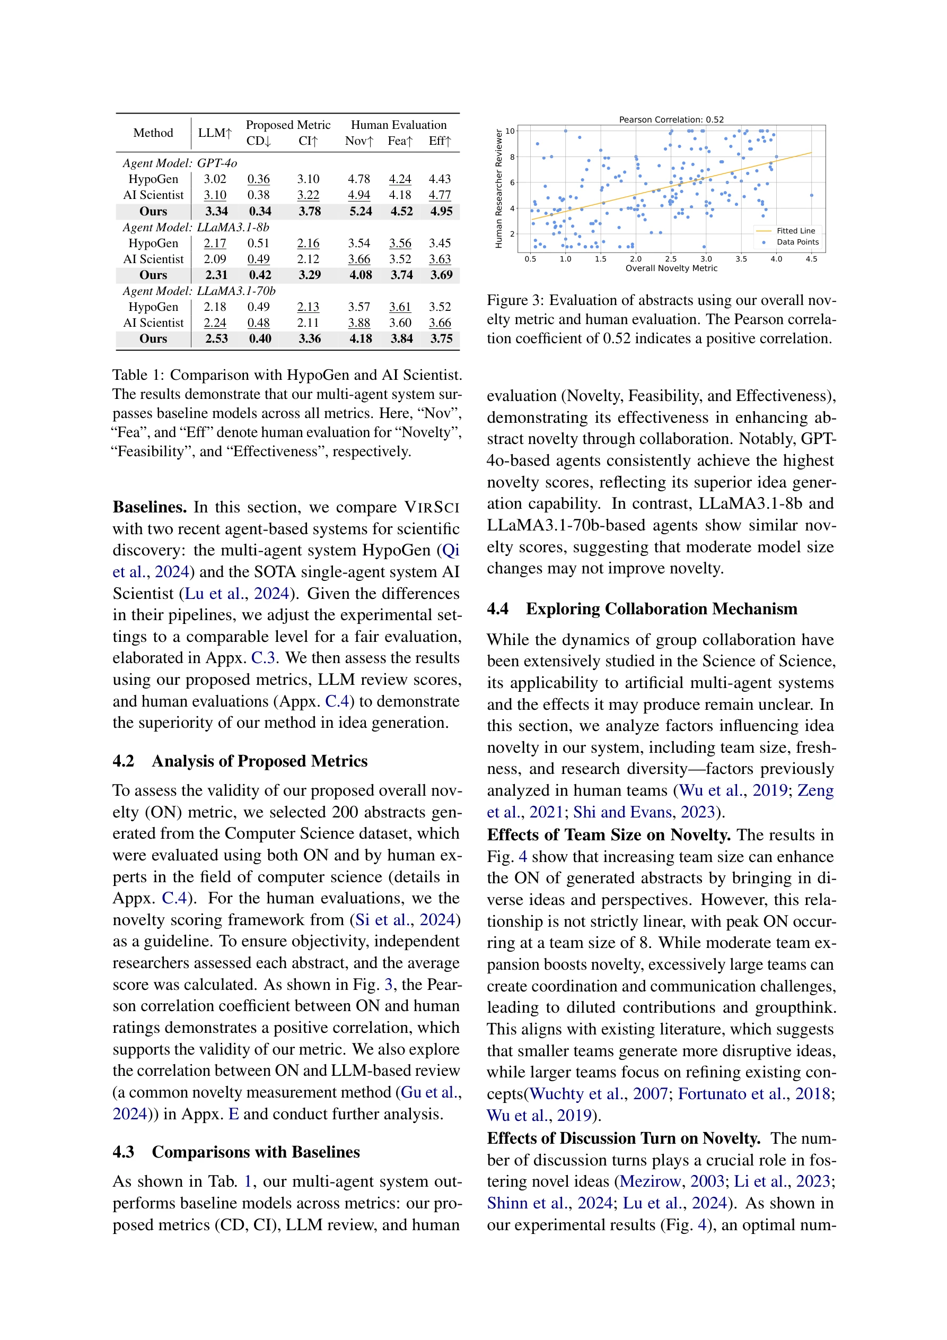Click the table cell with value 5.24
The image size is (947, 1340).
(x=360, y=211)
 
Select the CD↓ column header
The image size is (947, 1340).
(x=258, y=141)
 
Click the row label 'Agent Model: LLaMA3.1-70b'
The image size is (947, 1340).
(x=199, y=291)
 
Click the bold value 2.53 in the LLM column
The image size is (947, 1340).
(x=216, y=338)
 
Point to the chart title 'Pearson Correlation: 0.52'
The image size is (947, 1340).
(x=671, y=120)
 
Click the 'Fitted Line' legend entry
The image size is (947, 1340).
(x=795, y=231)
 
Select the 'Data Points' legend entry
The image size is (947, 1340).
(x=797, y=241)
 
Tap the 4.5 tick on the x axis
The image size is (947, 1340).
(x=811, y=259)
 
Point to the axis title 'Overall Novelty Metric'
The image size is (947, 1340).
(x=671, y=268)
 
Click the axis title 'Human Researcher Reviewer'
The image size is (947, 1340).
(x=499, y=189)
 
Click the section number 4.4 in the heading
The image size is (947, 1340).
(x=497, y=608)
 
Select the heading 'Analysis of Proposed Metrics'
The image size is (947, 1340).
(x=260, y=761)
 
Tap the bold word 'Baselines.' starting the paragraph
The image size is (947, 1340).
(x=150, y=507)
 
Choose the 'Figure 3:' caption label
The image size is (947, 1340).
(x=515, y=301)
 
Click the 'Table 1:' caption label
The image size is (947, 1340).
(x=138, y=375)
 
